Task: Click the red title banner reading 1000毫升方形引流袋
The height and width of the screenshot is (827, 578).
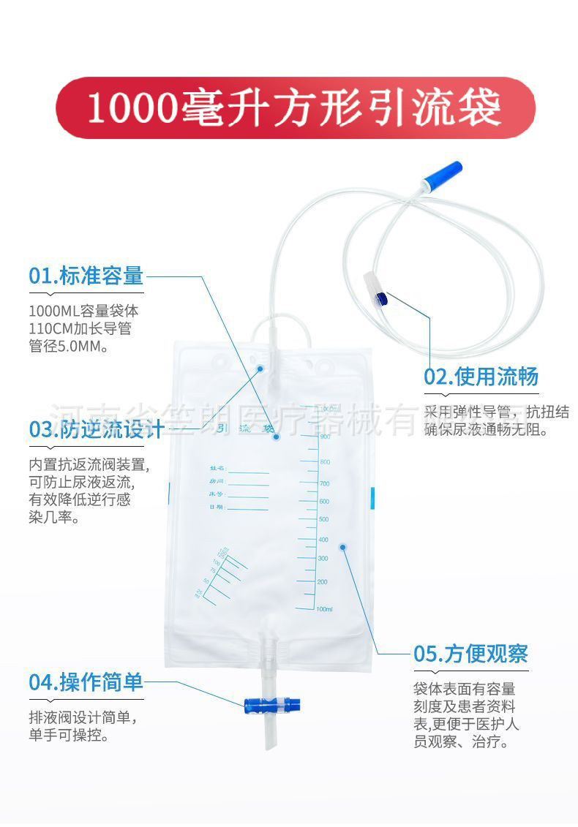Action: pos(296,107)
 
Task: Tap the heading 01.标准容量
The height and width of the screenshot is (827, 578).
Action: pos(86,276)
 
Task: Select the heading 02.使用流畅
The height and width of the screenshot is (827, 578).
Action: pos(481,377)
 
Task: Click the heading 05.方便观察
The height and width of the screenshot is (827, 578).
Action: pos(470,653)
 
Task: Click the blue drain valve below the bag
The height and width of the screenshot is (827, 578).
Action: pos(270,706)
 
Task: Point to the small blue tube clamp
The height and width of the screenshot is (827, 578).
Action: pos(380,297)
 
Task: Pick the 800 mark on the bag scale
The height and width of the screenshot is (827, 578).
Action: pos(324,462)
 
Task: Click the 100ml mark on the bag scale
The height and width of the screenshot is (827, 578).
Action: pos(324,608)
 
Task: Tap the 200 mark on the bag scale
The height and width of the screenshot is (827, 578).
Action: pos(323,581)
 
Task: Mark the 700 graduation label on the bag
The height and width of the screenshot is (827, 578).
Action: pos(323,483)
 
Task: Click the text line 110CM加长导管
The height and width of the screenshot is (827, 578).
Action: pos(80,329)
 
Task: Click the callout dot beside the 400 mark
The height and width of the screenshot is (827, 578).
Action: pos(342,546)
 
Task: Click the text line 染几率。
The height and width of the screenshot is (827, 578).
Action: pos(54,518)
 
